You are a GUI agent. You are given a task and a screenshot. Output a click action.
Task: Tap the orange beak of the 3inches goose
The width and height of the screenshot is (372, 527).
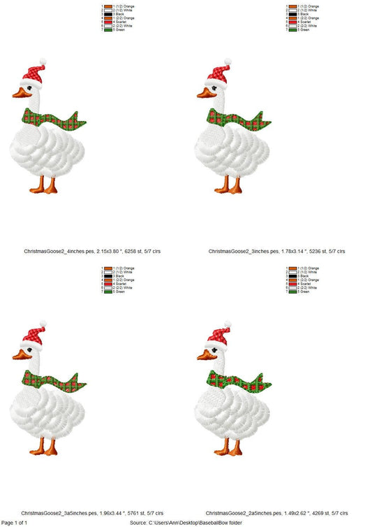pos(203,93)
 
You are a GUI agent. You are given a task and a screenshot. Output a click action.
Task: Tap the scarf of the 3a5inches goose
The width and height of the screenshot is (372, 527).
pos(56,380)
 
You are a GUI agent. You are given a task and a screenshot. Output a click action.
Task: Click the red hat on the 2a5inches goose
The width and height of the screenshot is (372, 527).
pos(218,333)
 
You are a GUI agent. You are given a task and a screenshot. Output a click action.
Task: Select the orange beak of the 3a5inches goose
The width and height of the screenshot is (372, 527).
pos(20,356)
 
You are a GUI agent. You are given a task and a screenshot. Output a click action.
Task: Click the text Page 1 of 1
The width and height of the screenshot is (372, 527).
pos(15,522)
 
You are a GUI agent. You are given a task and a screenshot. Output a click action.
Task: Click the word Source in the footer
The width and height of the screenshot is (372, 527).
pos(138,522)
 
